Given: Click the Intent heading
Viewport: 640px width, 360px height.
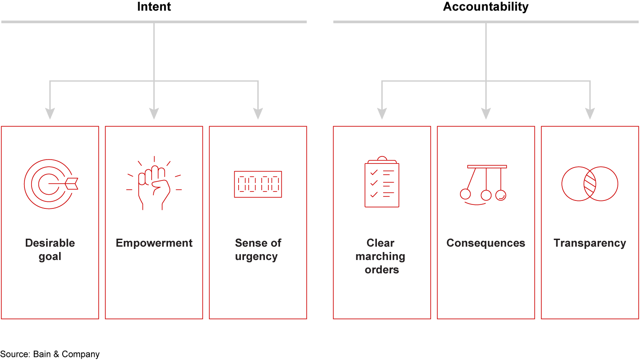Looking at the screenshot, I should [154, 7].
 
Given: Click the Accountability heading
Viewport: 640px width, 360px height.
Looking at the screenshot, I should [486, 7].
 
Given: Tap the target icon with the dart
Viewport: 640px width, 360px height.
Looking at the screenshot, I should [50, 184].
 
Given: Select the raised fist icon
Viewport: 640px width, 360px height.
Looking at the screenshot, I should [154, 184].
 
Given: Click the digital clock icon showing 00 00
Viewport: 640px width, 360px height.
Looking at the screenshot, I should [258, 184].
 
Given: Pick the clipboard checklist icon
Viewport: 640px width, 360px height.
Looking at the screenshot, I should [382, 182].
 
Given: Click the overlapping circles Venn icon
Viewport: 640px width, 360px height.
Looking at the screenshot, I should [590, 184].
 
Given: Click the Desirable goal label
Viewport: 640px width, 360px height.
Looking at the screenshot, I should [50, 250].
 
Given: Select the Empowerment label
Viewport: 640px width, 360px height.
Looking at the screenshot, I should [154, 243].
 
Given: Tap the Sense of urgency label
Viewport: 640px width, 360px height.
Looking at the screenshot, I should [258, 250].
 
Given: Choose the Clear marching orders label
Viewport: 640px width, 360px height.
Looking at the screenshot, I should [381, 256].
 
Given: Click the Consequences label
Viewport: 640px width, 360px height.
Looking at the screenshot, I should [486, 243].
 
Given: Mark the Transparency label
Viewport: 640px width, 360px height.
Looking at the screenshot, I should [590, 243].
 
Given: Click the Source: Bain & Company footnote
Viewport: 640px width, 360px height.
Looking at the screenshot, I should [50, 354].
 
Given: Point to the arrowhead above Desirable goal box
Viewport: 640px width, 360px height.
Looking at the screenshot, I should [50, 114].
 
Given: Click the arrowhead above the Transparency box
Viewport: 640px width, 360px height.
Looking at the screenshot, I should [590, 114].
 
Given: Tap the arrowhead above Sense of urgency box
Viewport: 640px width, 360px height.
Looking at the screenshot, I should [258, 114].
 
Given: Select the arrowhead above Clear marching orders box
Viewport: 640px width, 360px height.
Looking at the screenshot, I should [382, 114].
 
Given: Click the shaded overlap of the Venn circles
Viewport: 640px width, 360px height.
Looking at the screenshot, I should [590, 184].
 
